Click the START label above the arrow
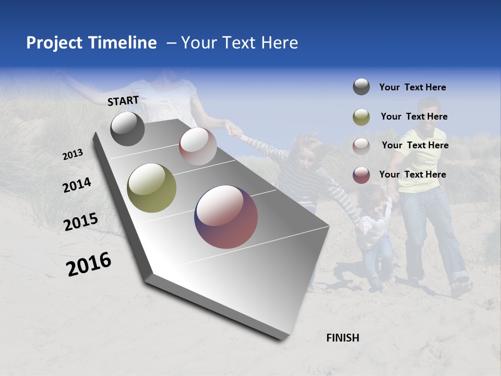[x=123, y=101]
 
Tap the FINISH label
[x=342, y=338]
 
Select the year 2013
[x=73, y=155]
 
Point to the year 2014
[x=77, y=185]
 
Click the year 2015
[x=80, y=222]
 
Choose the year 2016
[x=89, y=264]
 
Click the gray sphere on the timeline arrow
[x=127, y=129]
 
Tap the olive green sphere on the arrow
[x=151, y=188]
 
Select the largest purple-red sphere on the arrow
[x=226, y=217]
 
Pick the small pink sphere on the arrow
[x=198, y=146]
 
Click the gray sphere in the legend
[x=361, y=87]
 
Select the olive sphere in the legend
[x=361, y=116]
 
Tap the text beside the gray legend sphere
[x=412, y=87]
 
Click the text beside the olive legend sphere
[x=414, y=116]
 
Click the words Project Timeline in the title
[x=91, y=43]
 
